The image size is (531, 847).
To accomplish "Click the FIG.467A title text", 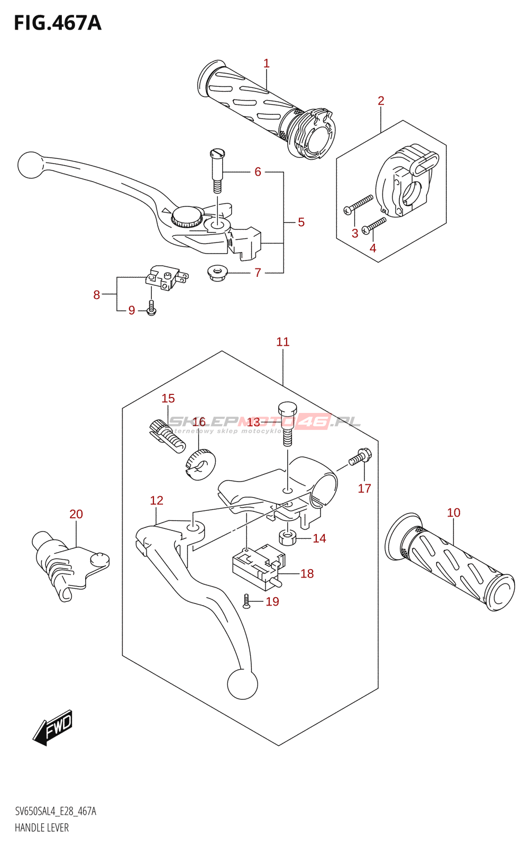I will pyautogui.click(x=57, y=23).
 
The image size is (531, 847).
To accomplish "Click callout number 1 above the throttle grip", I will pyautogui.click(x=267, y=64).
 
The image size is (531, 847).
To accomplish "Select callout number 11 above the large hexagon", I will pyautogui.click(x=283, y=342).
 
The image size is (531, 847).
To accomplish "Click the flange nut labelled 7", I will pyautogui.click(x=216, y=273).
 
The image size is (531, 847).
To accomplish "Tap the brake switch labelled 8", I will pyautogui.click(x=165, y=278).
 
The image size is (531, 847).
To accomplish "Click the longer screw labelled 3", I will pyautogui.click(x=359, y=204).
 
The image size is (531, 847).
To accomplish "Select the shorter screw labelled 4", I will pyautogui.click(x=374, y=226).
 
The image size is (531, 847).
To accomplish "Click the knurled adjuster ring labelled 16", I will pyautogui.click(x=200, y=464).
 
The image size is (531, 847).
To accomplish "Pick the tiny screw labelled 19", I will pyautogui.click(x=246, y=601).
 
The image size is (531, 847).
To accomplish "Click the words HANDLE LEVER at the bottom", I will pyautogui.click(x=42, y=828).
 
